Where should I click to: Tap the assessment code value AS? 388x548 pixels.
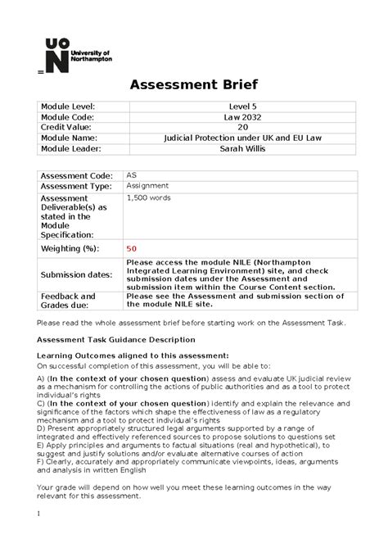(132, 175)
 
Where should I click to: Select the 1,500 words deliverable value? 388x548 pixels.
(148, 197)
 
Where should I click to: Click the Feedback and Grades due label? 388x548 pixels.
(68, 301)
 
